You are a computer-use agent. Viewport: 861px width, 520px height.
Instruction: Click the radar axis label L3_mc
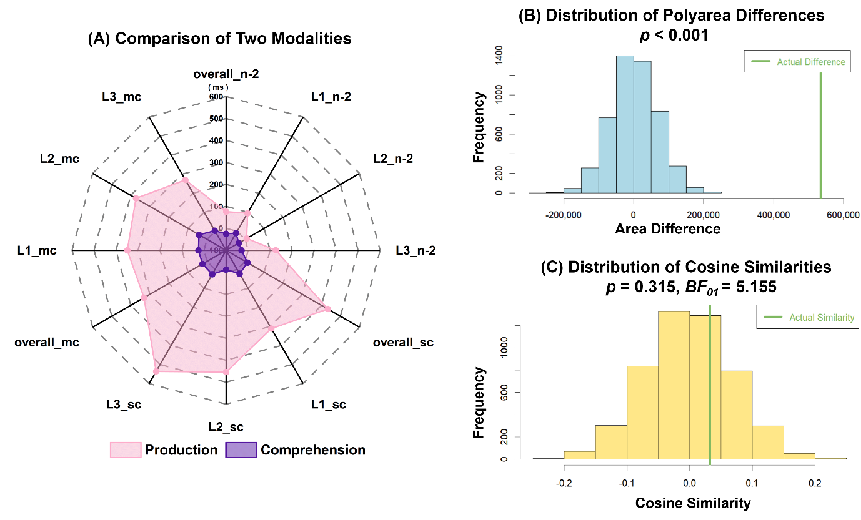point(122,97)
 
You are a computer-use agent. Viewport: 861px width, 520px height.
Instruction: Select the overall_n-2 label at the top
point(226,74)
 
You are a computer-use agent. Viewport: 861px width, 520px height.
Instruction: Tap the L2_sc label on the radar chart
point(226,428)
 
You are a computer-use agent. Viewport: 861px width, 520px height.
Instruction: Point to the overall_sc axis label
point(403,343)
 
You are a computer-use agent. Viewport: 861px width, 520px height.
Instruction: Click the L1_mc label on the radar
point(37,251)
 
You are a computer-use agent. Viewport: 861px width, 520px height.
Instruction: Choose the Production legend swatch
point(126,450)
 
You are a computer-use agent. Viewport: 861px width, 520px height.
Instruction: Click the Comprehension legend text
point(312,450)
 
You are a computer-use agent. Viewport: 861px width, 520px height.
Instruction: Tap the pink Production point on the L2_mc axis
point(136,199)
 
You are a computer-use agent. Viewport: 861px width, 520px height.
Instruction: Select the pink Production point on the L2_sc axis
point(226,372)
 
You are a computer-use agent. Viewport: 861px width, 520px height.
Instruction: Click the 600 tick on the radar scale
point(216,97)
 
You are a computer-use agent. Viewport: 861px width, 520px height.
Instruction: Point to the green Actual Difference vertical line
point(820,137)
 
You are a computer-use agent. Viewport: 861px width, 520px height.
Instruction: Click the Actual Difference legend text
point(810,62)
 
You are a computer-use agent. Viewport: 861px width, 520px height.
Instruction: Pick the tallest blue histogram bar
point(625,125)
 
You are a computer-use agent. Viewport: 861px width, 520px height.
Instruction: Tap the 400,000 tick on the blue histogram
point(774,215)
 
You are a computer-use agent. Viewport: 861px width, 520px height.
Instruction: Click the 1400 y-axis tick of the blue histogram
point(499,56)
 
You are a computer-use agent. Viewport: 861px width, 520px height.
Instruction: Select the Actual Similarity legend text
point(821,318)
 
